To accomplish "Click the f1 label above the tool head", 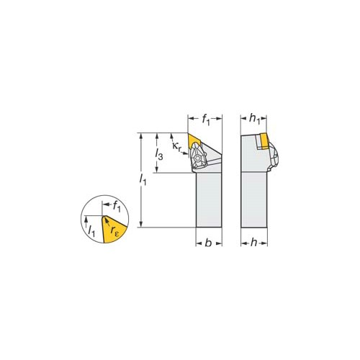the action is tap(206, 120).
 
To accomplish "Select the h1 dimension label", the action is tap(254, 119).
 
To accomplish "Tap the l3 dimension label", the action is tap(159, 154).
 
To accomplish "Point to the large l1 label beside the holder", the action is tap(143, 180).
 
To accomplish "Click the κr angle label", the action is tap(177, 146).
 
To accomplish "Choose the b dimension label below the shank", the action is tap(208, 243).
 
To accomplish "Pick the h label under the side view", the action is tap(253, 243).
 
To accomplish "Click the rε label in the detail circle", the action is tap(114, 230).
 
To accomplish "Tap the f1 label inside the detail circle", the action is tap(117, 207).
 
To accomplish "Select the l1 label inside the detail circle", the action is tap(91, 231).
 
